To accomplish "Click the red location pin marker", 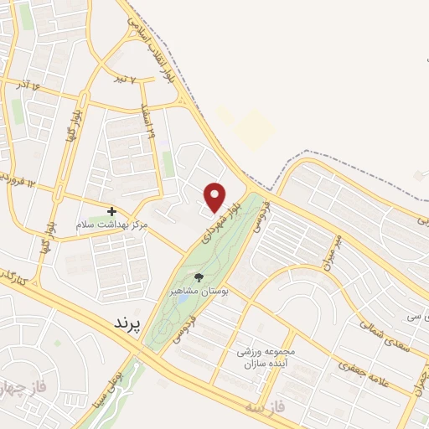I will pyautogui.click(x=215, y=197).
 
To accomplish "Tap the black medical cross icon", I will pyautogui.click(x=111, y=211).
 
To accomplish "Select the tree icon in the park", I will pyautogui.click(x=199, y=277).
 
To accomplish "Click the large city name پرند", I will pyautogui.click(x=127, y=322).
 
